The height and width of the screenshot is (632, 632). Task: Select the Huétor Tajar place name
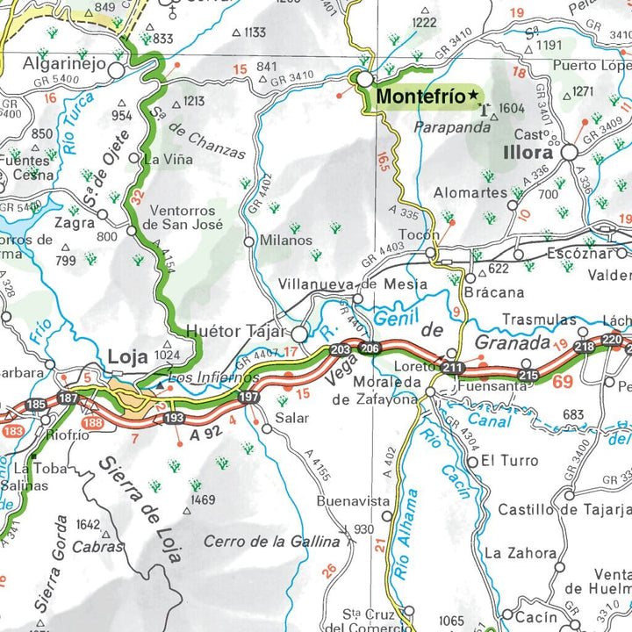238,332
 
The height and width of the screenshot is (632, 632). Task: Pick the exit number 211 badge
453,367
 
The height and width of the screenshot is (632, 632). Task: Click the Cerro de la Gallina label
271,542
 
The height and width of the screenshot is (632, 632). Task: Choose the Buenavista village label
352,501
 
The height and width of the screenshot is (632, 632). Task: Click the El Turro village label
509,460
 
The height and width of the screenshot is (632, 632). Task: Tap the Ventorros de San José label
187,217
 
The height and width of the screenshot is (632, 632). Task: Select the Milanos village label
285,240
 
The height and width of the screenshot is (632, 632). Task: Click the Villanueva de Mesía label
352,284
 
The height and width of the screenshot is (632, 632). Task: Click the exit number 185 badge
36,406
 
